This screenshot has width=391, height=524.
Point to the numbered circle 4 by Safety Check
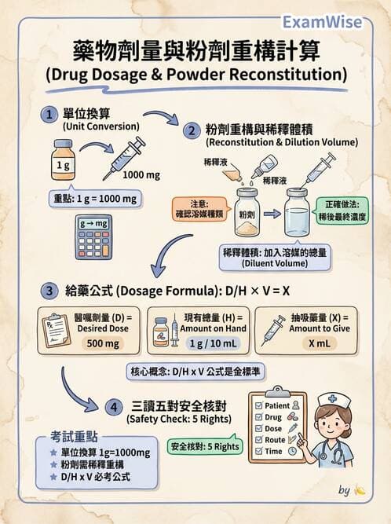(113, 407)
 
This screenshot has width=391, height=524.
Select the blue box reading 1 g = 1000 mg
(95, 199)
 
